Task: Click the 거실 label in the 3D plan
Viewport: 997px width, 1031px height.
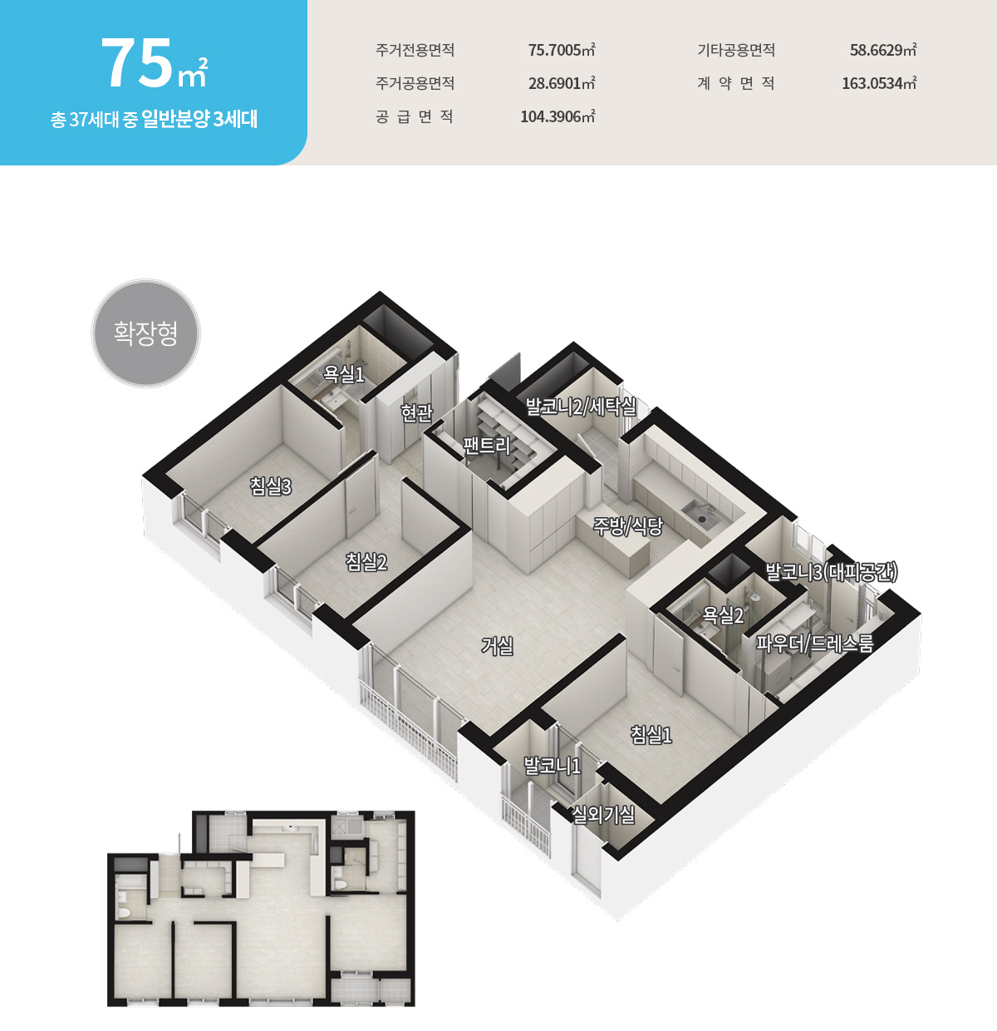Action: [497, 646]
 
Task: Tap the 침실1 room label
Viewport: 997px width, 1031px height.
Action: [651, 735]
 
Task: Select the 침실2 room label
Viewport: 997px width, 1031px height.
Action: [366, 561]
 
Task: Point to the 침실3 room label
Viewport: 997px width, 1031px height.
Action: [271, 486]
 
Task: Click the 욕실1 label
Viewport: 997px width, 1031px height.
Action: [344, 374]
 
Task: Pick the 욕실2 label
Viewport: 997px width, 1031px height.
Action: [723, 614]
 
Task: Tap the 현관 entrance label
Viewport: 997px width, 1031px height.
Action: [417, 412]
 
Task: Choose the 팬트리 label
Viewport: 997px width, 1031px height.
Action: [487, 445]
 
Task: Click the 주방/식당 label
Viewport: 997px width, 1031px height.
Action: [627, 526]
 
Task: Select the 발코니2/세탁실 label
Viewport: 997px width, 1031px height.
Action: [581, 407]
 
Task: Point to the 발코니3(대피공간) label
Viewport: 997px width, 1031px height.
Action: [832, 572]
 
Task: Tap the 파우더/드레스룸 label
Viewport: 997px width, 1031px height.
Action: [815, 644]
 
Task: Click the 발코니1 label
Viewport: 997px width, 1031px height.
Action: [553, 766]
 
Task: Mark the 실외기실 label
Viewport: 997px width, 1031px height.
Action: [604, 815]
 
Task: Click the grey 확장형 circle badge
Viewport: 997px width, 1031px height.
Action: [145, 333]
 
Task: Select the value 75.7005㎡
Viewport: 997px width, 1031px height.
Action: [562, 50]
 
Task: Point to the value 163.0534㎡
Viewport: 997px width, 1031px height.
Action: [880, 83]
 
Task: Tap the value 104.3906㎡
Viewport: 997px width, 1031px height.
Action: [558, 116]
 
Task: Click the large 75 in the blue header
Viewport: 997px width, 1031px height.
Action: [136, 63]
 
